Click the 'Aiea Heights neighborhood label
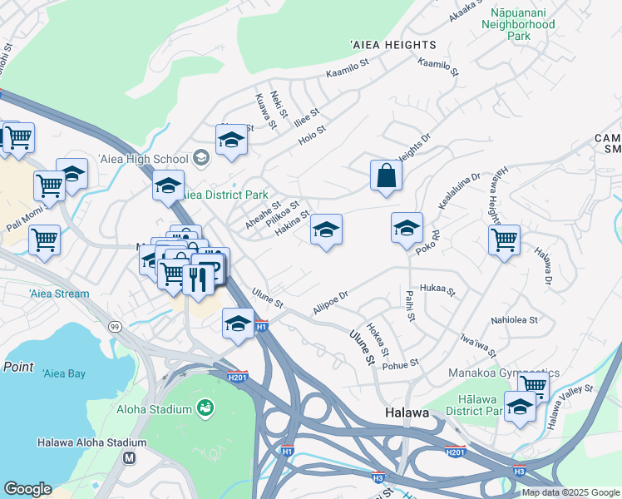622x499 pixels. point(392,45)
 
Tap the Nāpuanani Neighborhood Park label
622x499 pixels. point(518,25)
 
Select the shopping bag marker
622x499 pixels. point(386,175)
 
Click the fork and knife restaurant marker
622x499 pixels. point(198,278)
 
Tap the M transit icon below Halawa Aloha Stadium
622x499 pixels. point(129,457)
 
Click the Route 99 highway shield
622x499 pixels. point(114,327)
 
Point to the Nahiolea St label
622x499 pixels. point(515,319)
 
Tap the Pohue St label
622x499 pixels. point(402,363)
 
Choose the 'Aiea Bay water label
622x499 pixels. point(64,374)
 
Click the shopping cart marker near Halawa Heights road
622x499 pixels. point(504,240)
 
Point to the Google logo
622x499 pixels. point(27,489)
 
